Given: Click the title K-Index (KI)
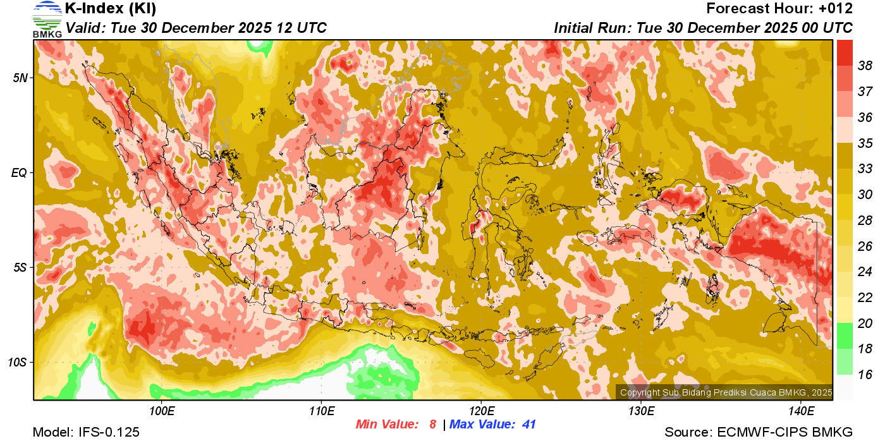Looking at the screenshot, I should point(111,9).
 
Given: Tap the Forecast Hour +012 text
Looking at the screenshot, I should point(779,9).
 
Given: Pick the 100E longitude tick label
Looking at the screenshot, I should point(162,412).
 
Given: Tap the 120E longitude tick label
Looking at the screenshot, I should point(481,412).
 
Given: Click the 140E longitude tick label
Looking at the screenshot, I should point(801,412).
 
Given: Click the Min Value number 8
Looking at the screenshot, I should point(433,425).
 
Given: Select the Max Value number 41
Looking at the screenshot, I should point(528,425).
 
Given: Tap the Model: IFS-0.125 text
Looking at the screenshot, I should point(86,433).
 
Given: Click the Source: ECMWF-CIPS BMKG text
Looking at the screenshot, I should point(759,433).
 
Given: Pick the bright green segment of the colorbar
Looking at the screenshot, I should point(845,336).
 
